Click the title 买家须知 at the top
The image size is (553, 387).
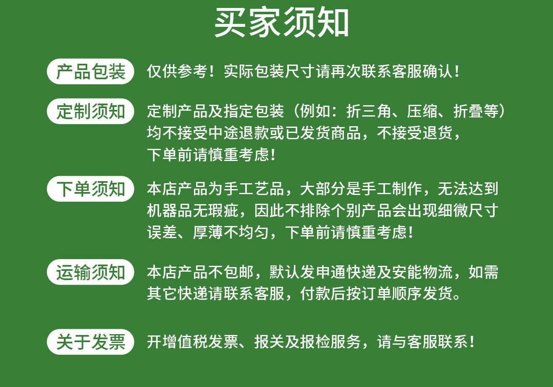tap(282, 23)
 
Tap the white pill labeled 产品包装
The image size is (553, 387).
tap(90, 71)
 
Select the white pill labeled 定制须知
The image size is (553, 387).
tap(90, 111)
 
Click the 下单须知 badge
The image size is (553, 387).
tap(90, 189)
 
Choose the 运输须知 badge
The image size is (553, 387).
tap(90, 272)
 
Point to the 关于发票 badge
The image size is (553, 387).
tap(90, 342)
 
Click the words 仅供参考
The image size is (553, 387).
tap(177, 71)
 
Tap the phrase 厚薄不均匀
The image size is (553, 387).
tap(231, 232)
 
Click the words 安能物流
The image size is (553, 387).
tap(422, 272)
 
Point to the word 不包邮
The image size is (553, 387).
tap(231, 272)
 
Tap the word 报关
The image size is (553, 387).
tap(269, 342)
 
